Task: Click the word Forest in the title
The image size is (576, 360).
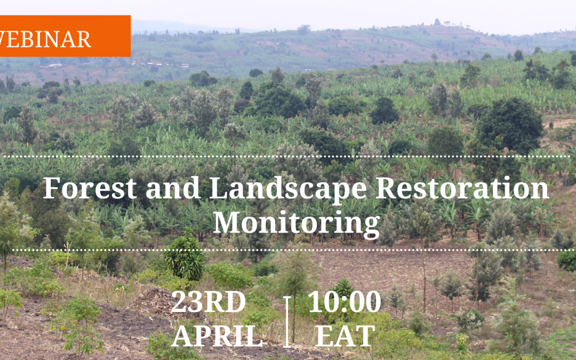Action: coord(90,188)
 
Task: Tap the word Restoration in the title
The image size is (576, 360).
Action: coord(462,188)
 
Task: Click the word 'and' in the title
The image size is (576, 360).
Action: coord(173,188)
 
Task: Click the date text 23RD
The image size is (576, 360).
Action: coord(209,301)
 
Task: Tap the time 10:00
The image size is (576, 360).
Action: coord(344,301)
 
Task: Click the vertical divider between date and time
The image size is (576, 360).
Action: coord(287,322)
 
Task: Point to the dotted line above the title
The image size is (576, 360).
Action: coord(286,156)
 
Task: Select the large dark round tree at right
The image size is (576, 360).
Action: coord(510,125)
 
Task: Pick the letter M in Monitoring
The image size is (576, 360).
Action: coord(228,222)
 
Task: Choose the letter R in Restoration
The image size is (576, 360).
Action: coord(387,188)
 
